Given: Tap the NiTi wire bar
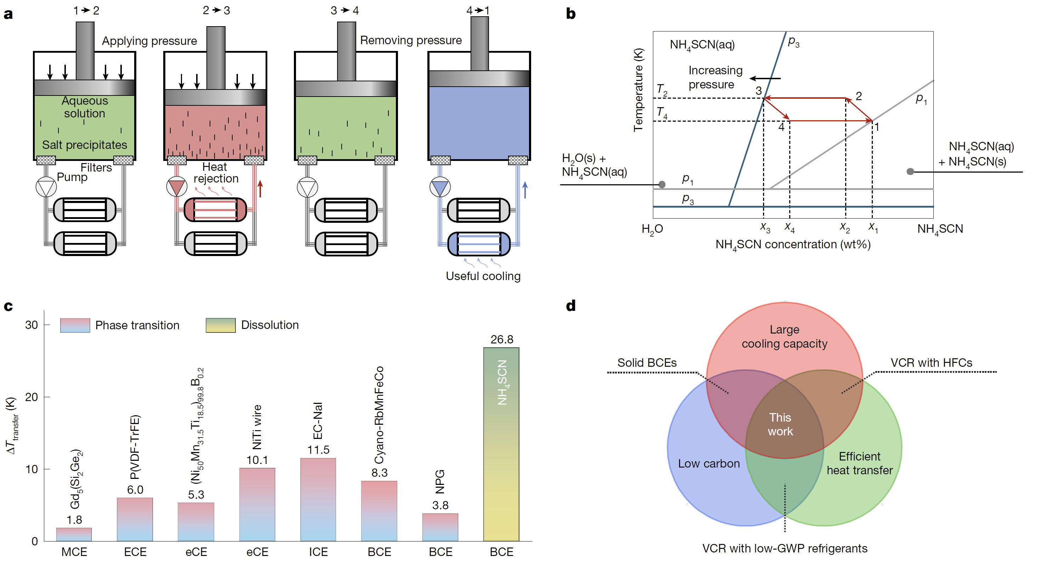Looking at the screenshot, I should (257, 505).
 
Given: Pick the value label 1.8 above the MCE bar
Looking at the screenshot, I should (74, 520).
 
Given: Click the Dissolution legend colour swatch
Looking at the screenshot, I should (220, 325).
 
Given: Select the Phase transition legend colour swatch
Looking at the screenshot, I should (75, 325).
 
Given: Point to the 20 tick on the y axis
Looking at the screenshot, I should (32, 397).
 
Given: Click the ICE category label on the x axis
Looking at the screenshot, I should (318, 552).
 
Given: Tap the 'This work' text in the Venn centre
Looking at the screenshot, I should (780, 424).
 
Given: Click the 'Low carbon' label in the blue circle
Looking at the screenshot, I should (709, 463).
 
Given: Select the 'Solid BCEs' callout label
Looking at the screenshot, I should (647, 363).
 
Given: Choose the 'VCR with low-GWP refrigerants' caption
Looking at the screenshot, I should (784, 549).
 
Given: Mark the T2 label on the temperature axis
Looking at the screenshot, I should (661, 89).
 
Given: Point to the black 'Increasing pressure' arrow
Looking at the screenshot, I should (765, 78).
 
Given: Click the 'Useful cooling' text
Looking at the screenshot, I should (483, 276).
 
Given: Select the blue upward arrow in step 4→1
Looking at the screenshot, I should (525, 190).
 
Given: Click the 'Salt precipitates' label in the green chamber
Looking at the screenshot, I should (85, 145).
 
